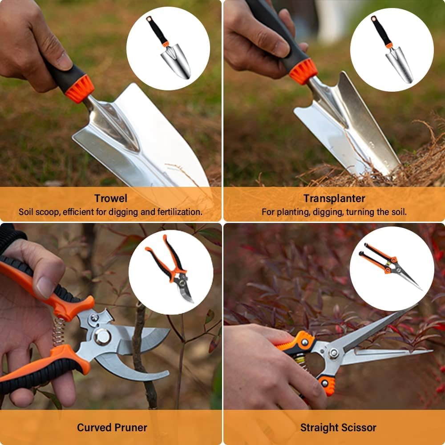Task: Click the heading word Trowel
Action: click(111, 198)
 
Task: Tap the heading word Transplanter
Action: click(334, 198)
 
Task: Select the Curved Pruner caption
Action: click(112, 428)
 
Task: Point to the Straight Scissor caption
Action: click(338, 428)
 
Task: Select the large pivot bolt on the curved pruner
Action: click(102, 336)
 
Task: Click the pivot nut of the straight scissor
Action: click(333, 353)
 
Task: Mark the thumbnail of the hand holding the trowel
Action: click(64, 61)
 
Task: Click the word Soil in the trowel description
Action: click(26, 212)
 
